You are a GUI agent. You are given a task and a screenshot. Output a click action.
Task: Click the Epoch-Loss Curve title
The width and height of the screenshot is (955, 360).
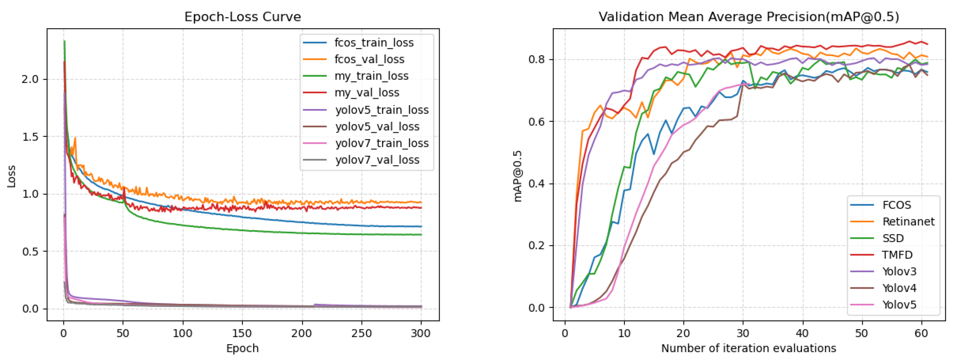(243, 17)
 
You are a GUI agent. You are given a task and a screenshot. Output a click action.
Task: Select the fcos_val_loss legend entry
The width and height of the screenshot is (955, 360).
(369, 59)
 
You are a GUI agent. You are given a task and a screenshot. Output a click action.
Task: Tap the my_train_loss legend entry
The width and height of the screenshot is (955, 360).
(371, 76)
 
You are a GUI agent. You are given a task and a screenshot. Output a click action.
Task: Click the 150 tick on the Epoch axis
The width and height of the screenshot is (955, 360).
(242, 333)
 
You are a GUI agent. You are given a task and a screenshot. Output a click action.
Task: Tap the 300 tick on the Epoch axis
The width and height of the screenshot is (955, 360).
(421, 333)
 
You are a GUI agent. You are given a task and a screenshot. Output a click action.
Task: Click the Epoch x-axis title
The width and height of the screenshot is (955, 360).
(243, 348)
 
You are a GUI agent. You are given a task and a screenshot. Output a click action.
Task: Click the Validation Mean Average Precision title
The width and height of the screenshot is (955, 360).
(748, 17)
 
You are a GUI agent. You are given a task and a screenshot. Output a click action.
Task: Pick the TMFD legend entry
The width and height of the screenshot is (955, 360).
(897, 255)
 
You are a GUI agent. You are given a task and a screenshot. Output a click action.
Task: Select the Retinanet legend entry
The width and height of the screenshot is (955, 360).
(908, 222)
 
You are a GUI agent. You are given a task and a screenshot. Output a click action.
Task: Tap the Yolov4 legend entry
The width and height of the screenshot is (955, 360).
(899, 288)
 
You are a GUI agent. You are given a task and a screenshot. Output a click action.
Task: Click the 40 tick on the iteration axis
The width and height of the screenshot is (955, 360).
(802, 333)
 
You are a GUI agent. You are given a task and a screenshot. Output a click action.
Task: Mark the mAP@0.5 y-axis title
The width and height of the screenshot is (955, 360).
(518, 176)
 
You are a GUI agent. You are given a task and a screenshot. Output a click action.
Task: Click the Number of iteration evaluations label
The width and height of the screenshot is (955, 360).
(748, 348)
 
